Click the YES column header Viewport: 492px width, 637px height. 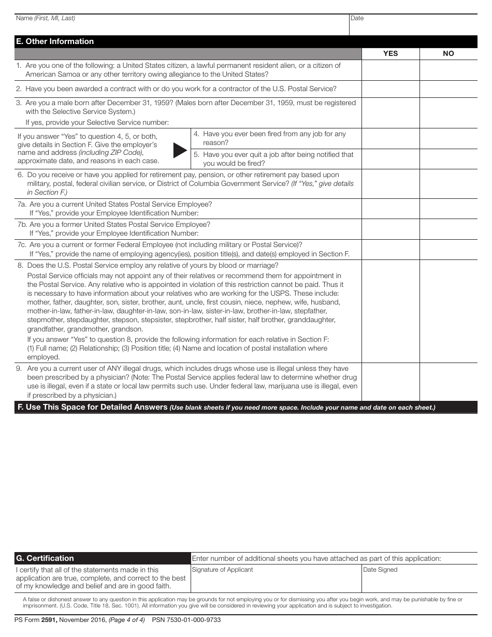pos(390,53)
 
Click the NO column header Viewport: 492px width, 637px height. pos(448,53)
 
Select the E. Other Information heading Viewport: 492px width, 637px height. pos(55,41)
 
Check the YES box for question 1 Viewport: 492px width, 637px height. pos(390,70)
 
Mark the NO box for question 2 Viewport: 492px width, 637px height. pos(448,89)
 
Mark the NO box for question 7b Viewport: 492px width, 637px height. pos(448,229)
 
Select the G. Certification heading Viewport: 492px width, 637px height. pos(45,558)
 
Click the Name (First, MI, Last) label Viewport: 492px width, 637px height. pos(46,18)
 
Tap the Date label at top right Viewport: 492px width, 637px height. pos(357,18)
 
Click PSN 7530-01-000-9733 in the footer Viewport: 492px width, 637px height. pos(186,620)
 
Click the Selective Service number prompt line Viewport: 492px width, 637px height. pos(97,123)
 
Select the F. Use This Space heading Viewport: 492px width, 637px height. pos(92,407)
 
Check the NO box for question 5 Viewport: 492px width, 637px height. pos(448,159)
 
